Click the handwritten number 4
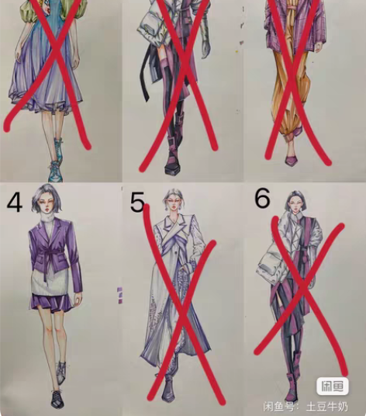click(x=15, y=204)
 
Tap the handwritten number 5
click(x=137, y=203)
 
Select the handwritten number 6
click(x=262, y=199)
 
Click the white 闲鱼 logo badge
click(x=332, y=386)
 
